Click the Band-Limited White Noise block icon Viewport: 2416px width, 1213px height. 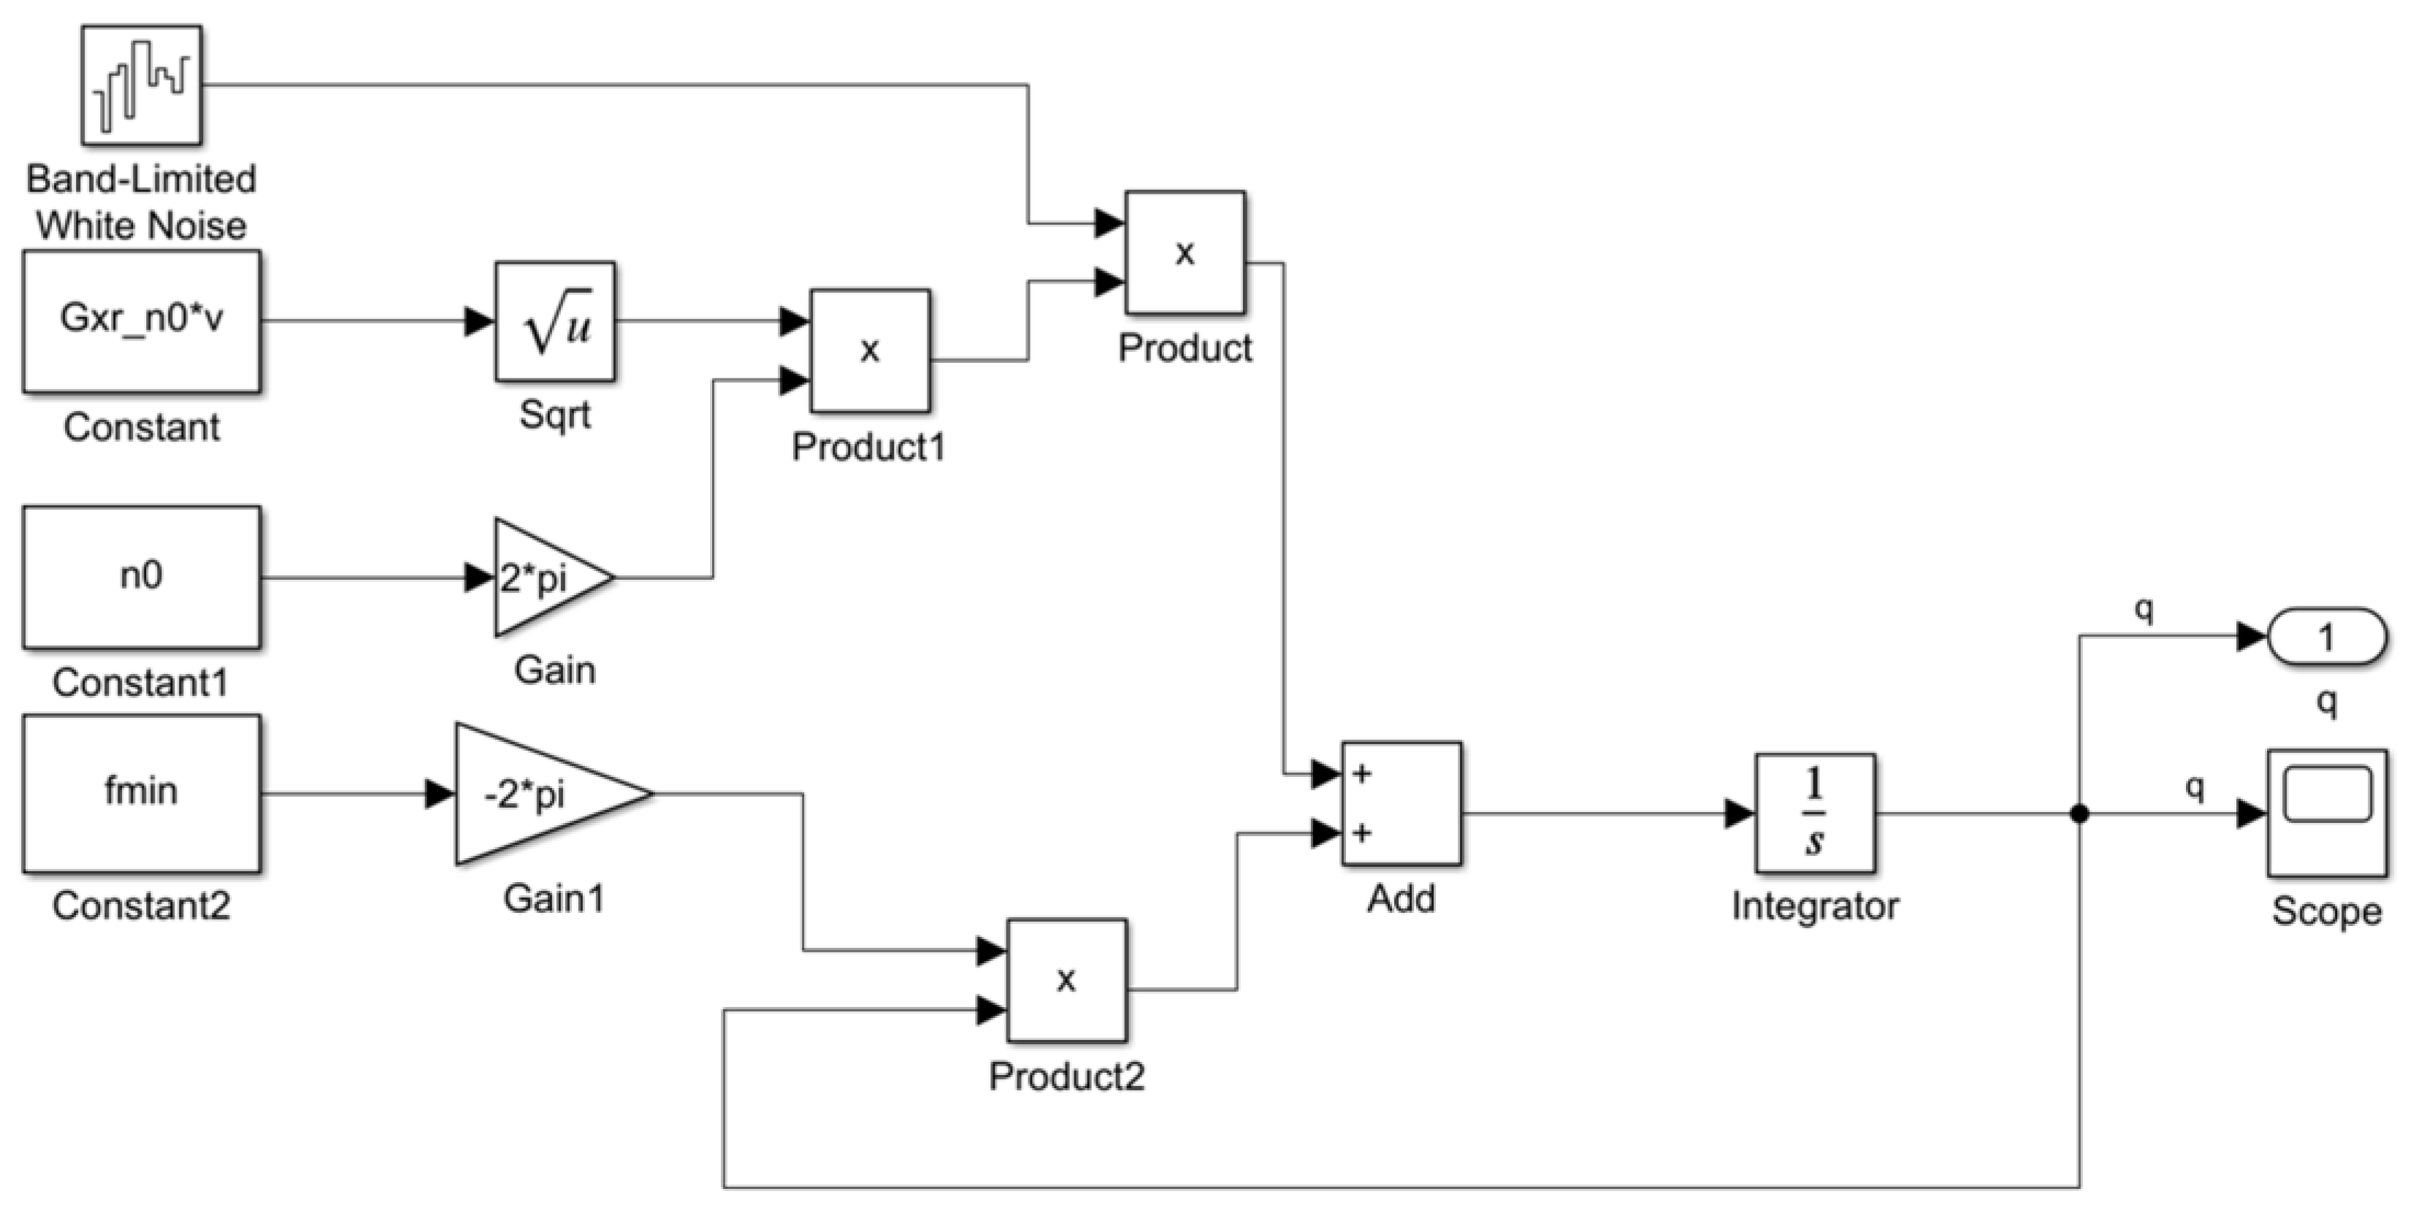pos(141,85)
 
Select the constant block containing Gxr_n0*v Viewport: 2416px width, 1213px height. pos(142,321)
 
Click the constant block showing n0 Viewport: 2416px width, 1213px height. pos(142,577)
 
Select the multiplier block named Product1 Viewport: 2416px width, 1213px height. pos(869,351)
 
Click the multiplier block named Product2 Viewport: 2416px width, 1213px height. pos(1066,980)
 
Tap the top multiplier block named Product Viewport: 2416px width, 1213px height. pos(1185,253)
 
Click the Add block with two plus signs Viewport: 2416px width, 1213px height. pos(1402,804)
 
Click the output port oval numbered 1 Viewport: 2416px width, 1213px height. pos(2326,637)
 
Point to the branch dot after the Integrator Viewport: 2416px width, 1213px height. pos(2079,814)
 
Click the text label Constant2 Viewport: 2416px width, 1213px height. pos(141,906)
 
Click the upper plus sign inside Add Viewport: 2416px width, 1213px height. pos(1363,775)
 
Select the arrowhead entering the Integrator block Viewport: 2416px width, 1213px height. pos(1740,814)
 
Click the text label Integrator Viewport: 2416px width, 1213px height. pos(1815,906)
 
